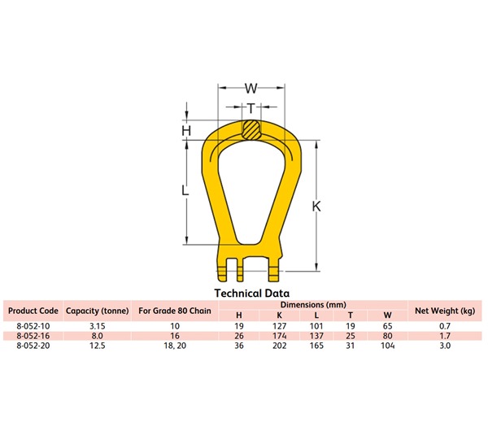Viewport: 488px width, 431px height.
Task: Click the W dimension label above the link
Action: [x=251, y=88]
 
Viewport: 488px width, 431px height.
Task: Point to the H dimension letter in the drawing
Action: [x=186, y=130]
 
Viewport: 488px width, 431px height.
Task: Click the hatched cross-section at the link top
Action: [x=251, y=129]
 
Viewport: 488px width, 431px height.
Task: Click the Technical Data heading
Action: [x=251, y=293]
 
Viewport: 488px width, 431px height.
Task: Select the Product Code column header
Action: [x=33, y=311]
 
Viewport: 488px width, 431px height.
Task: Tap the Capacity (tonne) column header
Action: [x=98, y=311]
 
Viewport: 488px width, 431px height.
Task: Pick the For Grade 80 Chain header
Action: [x=174, y=311]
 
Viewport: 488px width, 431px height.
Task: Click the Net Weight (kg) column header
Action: [x=445, y=311]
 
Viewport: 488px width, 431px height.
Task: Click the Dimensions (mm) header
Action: [x=313, y=304]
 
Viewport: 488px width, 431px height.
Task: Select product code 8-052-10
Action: [x=33, y=325]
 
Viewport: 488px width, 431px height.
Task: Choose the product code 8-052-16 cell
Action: [x=33, y=335]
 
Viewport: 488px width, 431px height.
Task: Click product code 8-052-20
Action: [x=33, y=345]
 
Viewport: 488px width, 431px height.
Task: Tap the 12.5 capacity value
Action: [x=98, y=345]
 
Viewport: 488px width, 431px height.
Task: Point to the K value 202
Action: [x=279, y=345]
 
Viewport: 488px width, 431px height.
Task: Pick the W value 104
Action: [x=386, y=345]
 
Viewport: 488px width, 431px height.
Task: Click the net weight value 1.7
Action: [x=445, y=335]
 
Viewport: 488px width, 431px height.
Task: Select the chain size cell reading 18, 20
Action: [x=174, y=345]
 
